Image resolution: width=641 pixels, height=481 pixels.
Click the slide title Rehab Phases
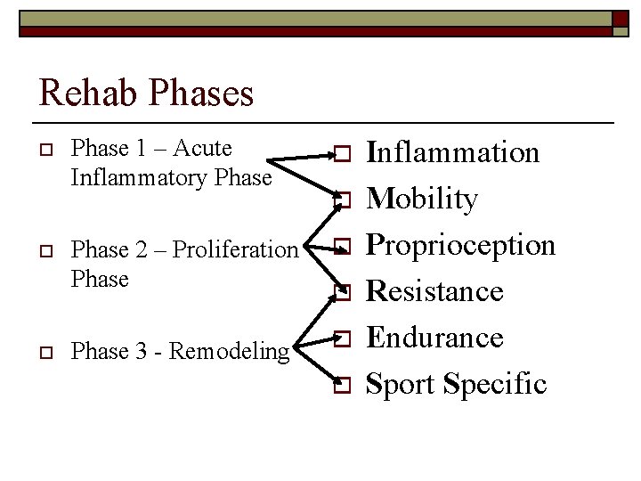click(x=146, y=93)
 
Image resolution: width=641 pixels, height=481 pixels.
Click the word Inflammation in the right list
click(x=453, y=152)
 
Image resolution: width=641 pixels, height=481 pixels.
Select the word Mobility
click(x=422, y=199)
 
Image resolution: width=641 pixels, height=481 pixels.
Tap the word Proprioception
click(x=460, y=245)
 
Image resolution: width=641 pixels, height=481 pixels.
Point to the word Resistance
click(x=435, y=291)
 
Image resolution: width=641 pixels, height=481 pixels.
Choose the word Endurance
click(x=435, y=338)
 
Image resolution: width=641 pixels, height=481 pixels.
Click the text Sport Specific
click(x=457, y=384)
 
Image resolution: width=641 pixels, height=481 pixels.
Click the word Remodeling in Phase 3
click(x=230, y=352)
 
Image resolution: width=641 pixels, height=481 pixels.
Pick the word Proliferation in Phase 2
click(x=234, y=250)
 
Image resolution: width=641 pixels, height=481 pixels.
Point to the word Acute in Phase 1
click(x=203, y=149)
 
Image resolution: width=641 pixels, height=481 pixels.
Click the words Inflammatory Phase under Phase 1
click(x=170, y=178)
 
